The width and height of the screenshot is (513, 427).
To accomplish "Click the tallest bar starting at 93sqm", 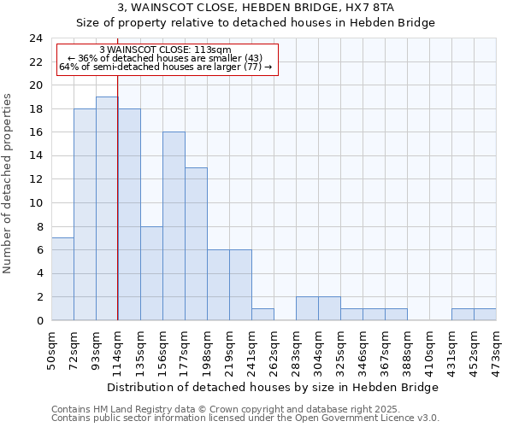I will (x=107, y=208).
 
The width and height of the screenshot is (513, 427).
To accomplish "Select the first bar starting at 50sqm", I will (x=62, y=279).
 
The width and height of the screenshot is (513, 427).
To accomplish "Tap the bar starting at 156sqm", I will (x=174, y=226).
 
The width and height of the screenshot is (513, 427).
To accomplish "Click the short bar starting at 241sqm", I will (x=262, y=314).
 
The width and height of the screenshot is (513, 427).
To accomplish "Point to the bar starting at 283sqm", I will (x=307, y=309).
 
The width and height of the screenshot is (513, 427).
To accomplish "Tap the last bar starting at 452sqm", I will (x=485, y=314).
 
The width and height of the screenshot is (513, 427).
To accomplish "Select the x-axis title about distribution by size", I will (x=273, y=387).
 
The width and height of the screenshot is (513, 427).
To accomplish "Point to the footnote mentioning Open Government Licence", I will (x=245, y=418).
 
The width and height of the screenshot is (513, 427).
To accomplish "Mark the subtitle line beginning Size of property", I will (x=256, y=23).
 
